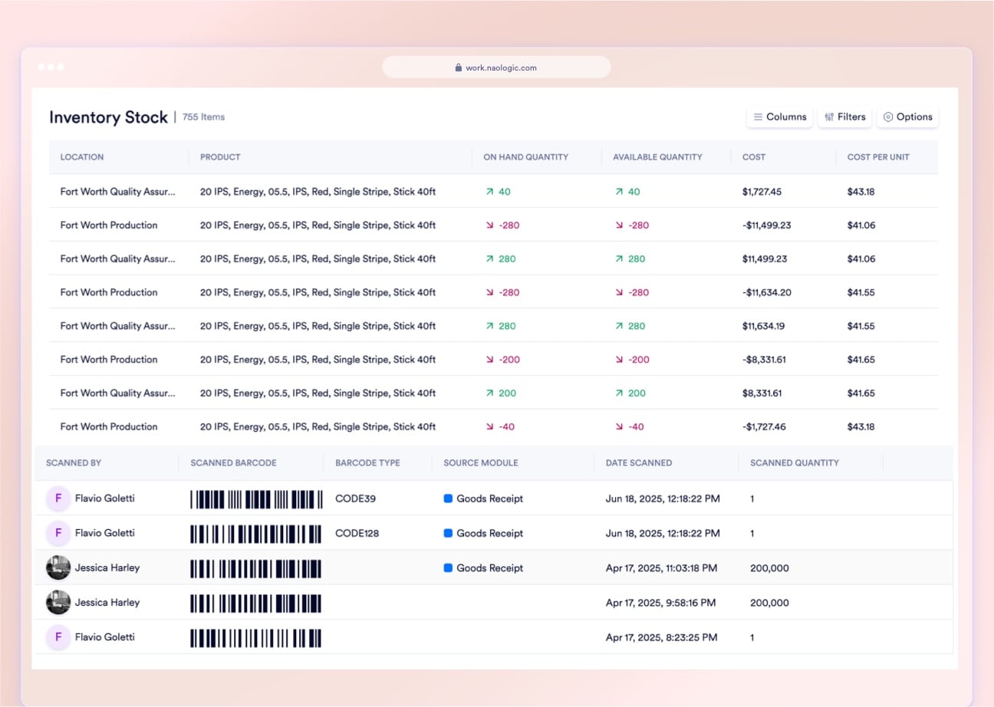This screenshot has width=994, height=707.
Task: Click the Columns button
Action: (779, 117)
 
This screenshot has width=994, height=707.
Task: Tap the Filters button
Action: (844, 117)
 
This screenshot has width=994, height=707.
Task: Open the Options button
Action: (908, 117)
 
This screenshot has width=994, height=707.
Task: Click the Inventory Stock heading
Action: (108, 117)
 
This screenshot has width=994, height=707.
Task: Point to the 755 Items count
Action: (203, 117)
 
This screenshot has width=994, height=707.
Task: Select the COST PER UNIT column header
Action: (878, 157)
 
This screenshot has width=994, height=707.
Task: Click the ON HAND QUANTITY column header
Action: (525, 157)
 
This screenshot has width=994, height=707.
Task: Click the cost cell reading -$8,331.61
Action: (764, 360)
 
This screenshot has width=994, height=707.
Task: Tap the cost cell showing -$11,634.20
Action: (766, 292)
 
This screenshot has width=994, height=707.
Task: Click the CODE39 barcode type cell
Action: (355, 498)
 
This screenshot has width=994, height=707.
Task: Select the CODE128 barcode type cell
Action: (357, 533)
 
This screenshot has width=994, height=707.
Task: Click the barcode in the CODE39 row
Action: (256, 499)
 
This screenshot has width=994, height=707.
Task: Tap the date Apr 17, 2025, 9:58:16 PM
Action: (660, 603)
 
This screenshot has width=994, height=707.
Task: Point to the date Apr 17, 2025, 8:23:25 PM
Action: (660, 637)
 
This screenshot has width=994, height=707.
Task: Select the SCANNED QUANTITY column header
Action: (794, 463)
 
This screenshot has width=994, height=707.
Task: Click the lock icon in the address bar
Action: (459, 67)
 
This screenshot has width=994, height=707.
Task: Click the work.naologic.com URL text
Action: (501, 67)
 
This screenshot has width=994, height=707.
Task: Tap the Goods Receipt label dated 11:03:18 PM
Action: (489, 568)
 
